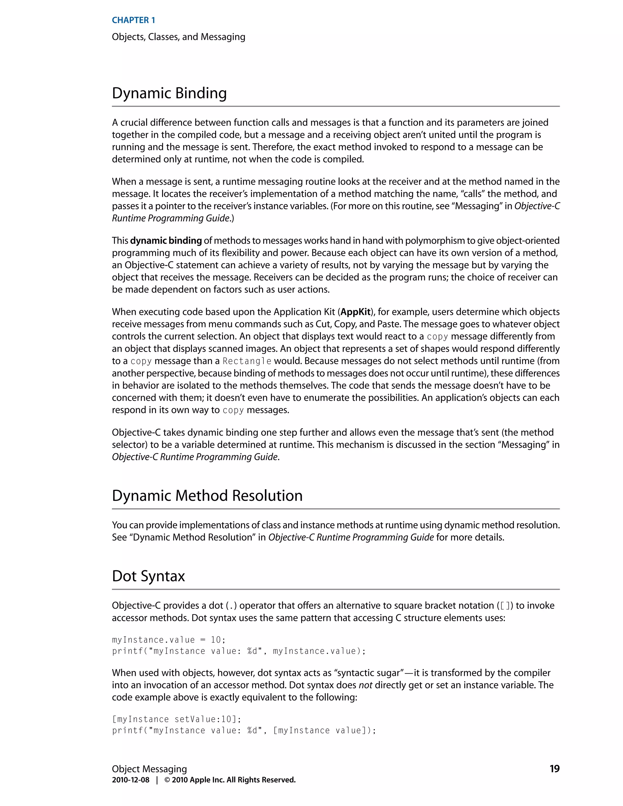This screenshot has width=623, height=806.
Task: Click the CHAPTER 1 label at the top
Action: point(133,20)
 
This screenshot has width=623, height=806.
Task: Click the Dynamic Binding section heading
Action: point(169,93)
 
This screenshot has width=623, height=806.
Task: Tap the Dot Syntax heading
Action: point(148,576)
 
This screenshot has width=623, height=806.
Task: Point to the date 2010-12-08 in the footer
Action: point(131,780)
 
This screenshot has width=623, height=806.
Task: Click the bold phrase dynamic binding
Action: point(166,241)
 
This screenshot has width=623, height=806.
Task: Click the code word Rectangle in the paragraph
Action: point(247,361)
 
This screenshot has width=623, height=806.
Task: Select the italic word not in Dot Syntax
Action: point(365,685)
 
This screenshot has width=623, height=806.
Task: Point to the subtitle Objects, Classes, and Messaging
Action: point(178,37)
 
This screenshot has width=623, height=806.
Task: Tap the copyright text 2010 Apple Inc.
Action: point(230,780)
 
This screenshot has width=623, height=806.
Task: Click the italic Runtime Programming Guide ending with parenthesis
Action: point(171,218)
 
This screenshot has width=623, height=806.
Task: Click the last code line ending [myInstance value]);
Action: point(244,730)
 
